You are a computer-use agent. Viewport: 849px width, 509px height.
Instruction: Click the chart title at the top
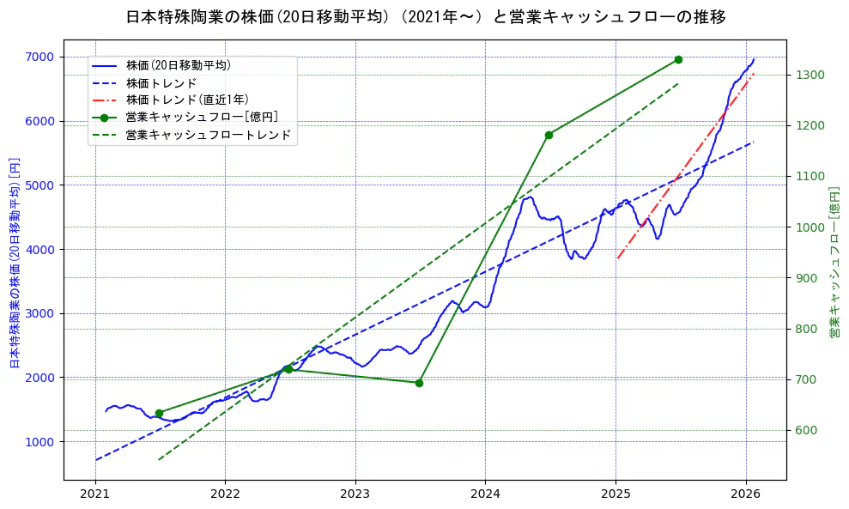coord(425,17)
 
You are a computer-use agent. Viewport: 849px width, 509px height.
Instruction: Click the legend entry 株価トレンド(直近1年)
coord(187,100)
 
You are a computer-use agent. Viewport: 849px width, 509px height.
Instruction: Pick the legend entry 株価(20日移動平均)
coord(178,64)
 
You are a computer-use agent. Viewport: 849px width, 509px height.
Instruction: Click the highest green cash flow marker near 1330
coord(678,59)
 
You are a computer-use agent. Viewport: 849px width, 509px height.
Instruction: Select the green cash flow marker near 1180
coord(549,135)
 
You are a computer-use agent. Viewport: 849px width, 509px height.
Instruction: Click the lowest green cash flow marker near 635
coord(159,413)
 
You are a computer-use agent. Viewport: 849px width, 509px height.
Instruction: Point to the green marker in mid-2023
coord(419,383)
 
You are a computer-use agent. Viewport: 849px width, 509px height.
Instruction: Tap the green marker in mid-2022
coord(288,369)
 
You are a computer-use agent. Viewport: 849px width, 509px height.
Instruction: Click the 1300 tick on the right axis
coord(810,75)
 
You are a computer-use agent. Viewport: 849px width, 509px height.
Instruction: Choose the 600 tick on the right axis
coord(808,430)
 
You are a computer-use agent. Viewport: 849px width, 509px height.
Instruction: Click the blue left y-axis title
coord(14,262)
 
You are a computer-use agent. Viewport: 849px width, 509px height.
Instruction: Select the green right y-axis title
coord(834,262)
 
